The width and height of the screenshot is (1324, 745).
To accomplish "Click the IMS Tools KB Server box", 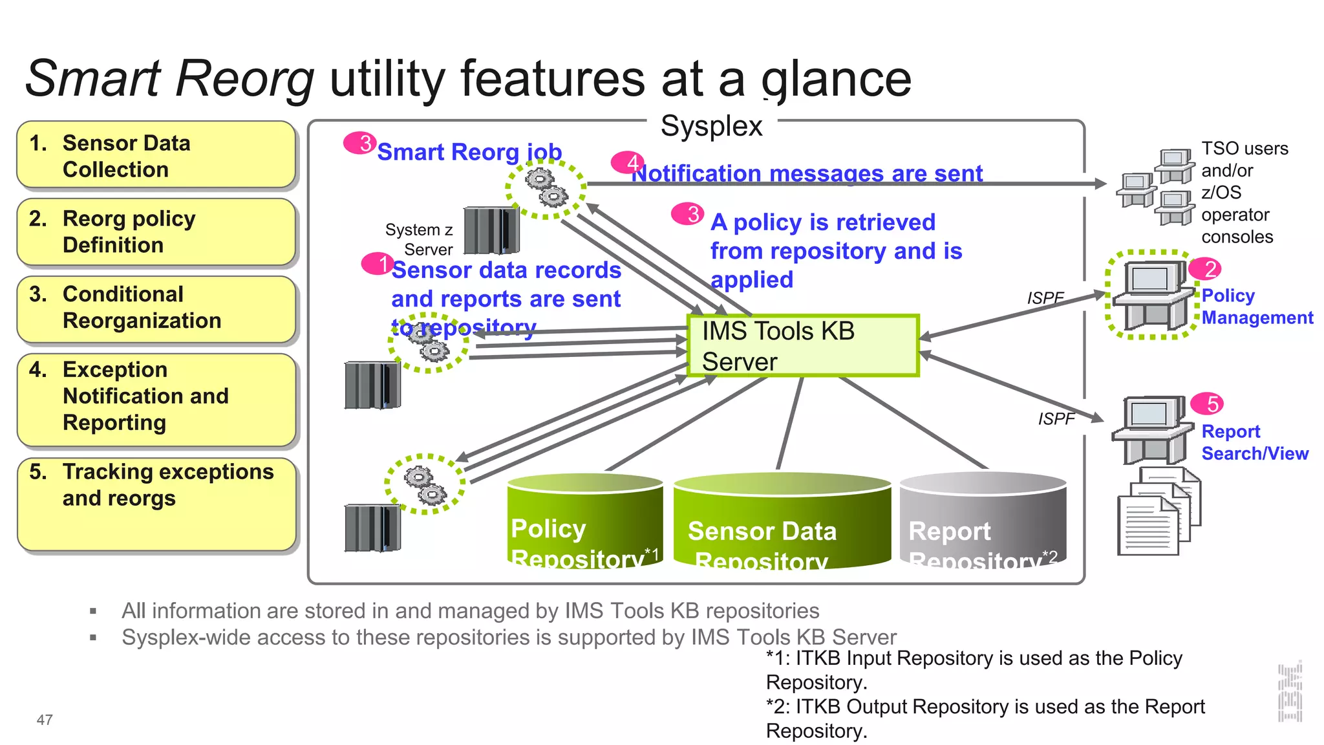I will point(802,346).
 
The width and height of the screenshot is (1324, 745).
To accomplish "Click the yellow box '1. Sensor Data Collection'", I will point(156,155).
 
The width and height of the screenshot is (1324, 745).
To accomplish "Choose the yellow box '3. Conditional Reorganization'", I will point(156,308).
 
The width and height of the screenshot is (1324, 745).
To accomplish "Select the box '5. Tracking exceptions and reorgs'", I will point(156,504).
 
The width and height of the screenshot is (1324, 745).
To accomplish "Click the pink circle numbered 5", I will point(1207,404).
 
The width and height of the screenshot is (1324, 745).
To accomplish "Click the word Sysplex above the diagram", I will point(711,125).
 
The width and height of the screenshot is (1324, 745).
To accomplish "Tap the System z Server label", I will point(420,239).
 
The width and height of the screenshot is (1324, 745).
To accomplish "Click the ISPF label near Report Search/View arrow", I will point(1056,419).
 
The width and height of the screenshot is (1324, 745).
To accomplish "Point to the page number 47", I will point(45,720).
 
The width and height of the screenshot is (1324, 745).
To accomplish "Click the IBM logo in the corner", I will point(1289,692).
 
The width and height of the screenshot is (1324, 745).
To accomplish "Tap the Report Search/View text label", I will point(1254,442).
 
